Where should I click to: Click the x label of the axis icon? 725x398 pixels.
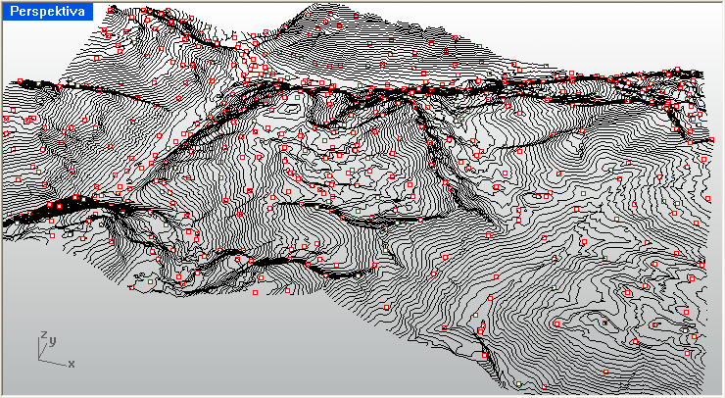[x=72, y=364]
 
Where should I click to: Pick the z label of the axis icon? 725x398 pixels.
[x=43, y=336]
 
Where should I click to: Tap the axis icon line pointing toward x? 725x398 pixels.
[x=55, y=360]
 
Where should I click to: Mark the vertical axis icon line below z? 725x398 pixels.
[x=42, y=348]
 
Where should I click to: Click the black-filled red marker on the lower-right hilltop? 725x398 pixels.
[x=628, y=292]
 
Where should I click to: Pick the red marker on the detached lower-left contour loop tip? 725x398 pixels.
[x=180, y=280]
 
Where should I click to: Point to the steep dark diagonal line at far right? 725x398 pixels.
[x=679, y=119]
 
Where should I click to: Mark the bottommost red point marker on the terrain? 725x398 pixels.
[x=483, y=354]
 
